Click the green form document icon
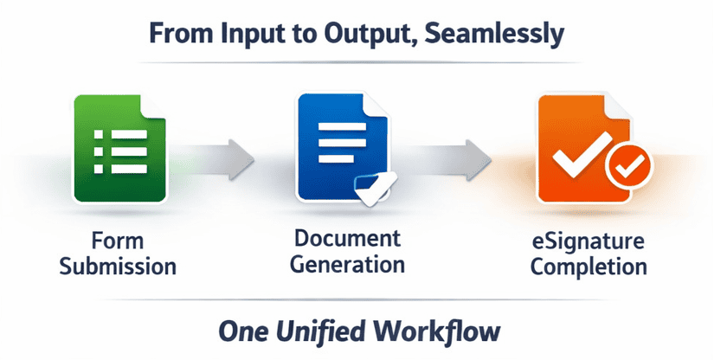click(118, 149)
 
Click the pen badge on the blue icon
click(376, 187)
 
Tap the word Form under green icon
click(118, 241)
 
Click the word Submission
click(118, 265)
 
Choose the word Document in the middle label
click(346, 239)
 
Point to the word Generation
click(346, 264)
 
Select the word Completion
click(589, 266)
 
